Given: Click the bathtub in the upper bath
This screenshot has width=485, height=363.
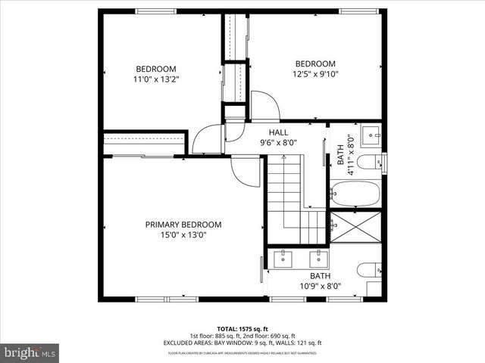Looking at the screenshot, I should tap(355, 194).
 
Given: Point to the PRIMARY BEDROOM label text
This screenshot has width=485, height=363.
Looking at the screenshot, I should tap(183, 225).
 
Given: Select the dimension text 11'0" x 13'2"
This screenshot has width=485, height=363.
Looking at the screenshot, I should tap(156, 79).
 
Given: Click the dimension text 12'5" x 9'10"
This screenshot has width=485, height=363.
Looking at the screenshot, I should tap(314, 73).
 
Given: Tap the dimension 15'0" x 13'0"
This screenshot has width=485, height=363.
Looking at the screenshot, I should tap(183, 235).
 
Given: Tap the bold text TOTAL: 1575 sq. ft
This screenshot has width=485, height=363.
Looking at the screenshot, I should tap(242, 328).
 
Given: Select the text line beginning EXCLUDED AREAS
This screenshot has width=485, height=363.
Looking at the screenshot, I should tap(242, 343).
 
